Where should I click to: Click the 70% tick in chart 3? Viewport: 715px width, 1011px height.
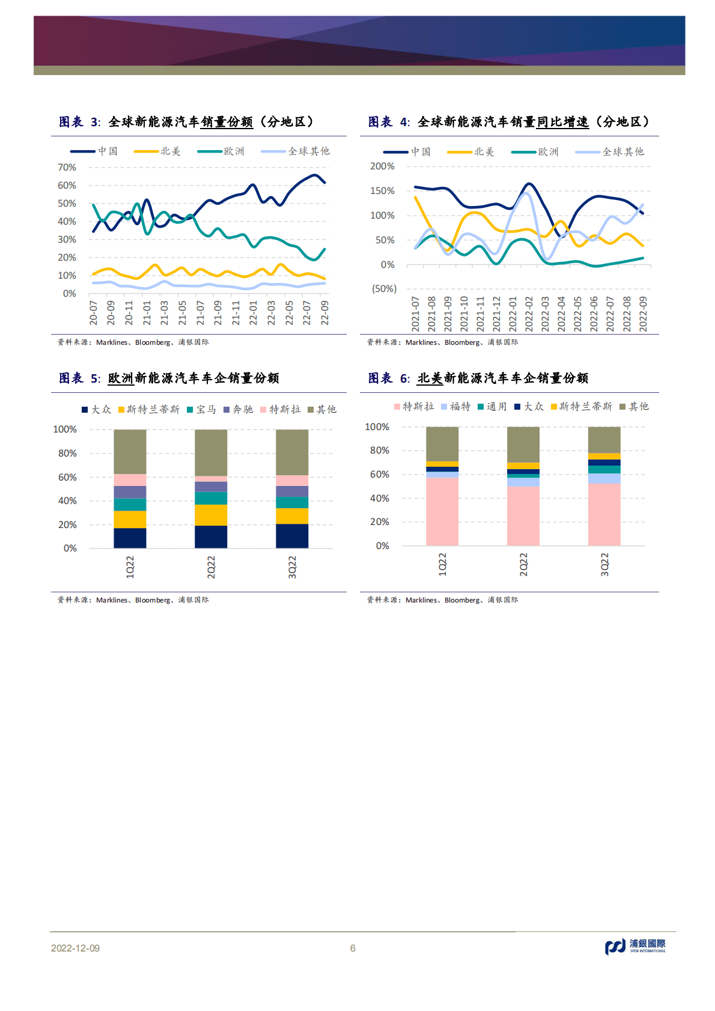(67, 168)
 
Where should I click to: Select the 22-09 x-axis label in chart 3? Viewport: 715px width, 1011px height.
(324, 313)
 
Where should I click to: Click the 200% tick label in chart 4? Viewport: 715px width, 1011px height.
(382, 166)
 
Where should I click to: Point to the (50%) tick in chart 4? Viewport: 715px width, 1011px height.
(384, 289)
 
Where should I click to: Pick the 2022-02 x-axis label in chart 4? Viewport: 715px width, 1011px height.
(529, 314)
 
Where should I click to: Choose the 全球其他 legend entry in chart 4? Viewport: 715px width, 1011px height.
(622, 152)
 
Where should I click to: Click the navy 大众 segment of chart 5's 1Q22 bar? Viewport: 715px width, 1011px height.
(130, 538)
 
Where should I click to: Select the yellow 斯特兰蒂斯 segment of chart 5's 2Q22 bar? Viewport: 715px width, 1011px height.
(211, 515)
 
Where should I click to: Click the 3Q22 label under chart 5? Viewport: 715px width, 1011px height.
(292, 567)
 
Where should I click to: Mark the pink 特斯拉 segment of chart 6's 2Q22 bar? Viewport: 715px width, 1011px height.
(523, 515)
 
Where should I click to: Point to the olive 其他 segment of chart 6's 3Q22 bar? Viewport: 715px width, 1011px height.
(604, 440)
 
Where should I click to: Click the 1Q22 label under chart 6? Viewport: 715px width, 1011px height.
(442, 565)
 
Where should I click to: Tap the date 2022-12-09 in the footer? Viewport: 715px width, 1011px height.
(75, 949)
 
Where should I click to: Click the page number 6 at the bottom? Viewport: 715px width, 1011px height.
(353, 949)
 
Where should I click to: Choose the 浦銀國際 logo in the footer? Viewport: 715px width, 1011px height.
(635, 947)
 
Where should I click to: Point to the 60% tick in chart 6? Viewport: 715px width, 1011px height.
(379, 475)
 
